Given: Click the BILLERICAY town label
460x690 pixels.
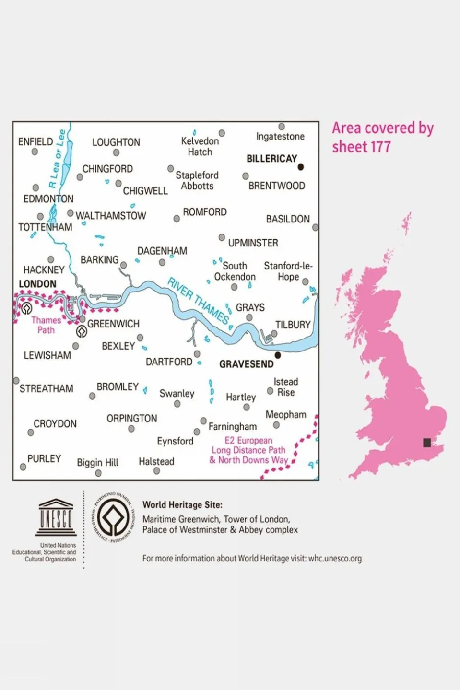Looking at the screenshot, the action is click(271, 159).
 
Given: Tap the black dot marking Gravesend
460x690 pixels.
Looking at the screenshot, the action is click(277, 355).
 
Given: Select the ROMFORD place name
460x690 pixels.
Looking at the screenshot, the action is click(204, 212).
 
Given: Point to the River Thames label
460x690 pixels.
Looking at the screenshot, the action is click(198, 300).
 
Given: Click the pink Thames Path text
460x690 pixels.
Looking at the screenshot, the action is click(46, 325).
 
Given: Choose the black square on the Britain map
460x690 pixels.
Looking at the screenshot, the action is click(427, 442).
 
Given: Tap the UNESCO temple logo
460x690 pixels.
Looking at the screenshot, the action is click(56, 517).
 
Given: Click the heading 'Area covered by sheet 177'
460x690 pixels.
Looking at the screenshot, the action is click(382, 137).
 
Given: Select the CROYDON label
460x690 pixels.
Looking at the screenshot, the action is click(55, 424).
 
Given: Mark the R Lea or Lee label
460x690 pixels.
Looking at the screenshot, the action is click(57, 159).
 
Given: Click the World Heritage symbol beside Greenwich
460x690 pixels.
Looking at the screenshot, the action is click(82, 331).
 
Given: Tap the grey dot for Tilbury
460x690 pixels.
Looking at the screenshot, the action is click(274, 334).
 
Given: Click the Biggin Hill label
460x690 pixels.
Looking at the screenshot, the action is click(97, 463).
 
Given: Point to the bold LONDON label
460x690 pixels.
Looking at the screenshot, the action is click(37, 284).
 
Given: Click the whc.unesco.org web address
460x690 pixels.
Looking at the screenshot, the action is click(335, 559).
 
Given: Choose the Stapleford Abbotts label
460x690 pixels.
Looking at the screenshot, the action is click(197, 181).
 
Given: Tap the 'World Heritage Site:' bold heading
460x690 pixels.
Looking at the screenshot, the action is click(182, 505).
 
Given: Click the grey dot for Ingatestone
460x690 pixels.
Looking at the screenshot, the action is click(282, 127).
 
